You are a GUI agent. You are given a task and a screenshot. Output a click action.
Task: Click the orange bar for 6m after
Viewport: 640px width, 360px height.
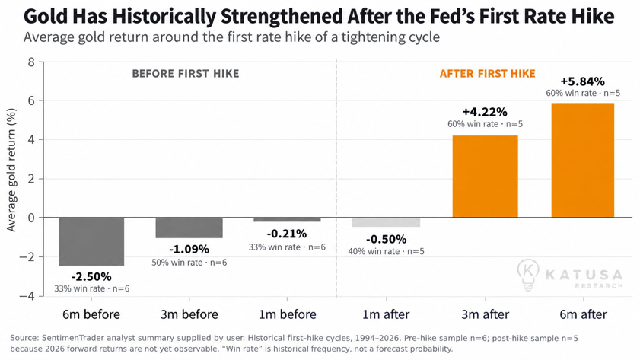582,161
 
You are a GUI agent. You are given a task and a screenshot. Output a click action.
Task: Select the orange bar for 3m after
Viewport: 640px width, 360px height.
486,177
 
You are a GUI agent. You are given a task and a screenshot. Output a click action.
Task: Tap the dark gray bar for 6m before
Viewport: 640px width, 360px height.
91,241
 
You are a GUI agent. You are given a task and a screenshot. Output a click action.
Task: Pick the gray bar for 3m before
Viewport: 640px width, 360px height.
189,228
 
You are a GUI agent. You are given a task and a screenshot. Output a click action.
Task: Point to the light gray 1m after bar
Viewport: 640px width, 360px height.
386,222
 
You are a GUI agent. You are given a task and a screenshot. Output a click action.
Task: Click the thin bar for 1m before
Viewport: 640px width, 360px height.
288,220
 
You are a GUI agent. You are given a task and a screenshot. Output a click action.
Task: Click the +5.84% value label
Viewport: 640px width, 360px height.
582,81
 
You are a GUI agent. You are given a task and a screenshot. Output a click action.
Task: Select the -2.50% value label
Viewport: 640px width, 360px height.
91,277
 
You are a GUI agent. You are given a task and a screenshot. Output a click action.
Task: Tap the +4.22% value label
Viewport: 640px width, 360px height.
485,112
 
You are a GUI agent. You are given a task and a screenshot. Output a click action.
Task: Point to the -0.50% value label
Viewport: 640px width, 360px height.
386,239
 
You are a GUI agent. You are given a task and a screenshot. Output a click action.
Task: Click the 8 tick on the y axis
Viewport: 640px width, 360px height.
31,62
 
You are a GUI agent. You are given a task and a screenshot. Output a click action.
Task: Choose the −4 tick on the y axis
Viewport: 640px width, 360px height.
27,296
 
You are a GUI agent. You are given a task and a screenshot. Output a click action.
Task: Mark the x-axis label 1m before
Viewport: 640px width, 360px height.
288,314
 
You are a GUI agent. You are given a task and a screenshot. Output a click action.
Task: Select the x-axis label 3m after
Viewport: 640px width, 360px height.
486,314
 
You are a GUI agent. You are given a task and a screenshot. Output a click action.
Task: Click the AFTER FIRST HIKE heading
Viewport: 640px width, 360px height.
487,74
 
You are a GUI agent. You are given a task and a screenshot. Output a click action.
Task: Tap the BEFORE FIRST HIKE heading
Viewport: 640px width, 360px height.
186,74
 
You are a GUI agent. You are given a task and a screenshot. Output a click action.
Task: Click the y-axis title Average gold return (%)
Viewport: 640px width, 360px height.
11,170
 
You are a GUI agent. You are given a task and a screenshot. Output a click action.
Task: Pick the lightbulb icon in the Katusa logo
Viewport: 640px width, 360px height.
528,275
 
